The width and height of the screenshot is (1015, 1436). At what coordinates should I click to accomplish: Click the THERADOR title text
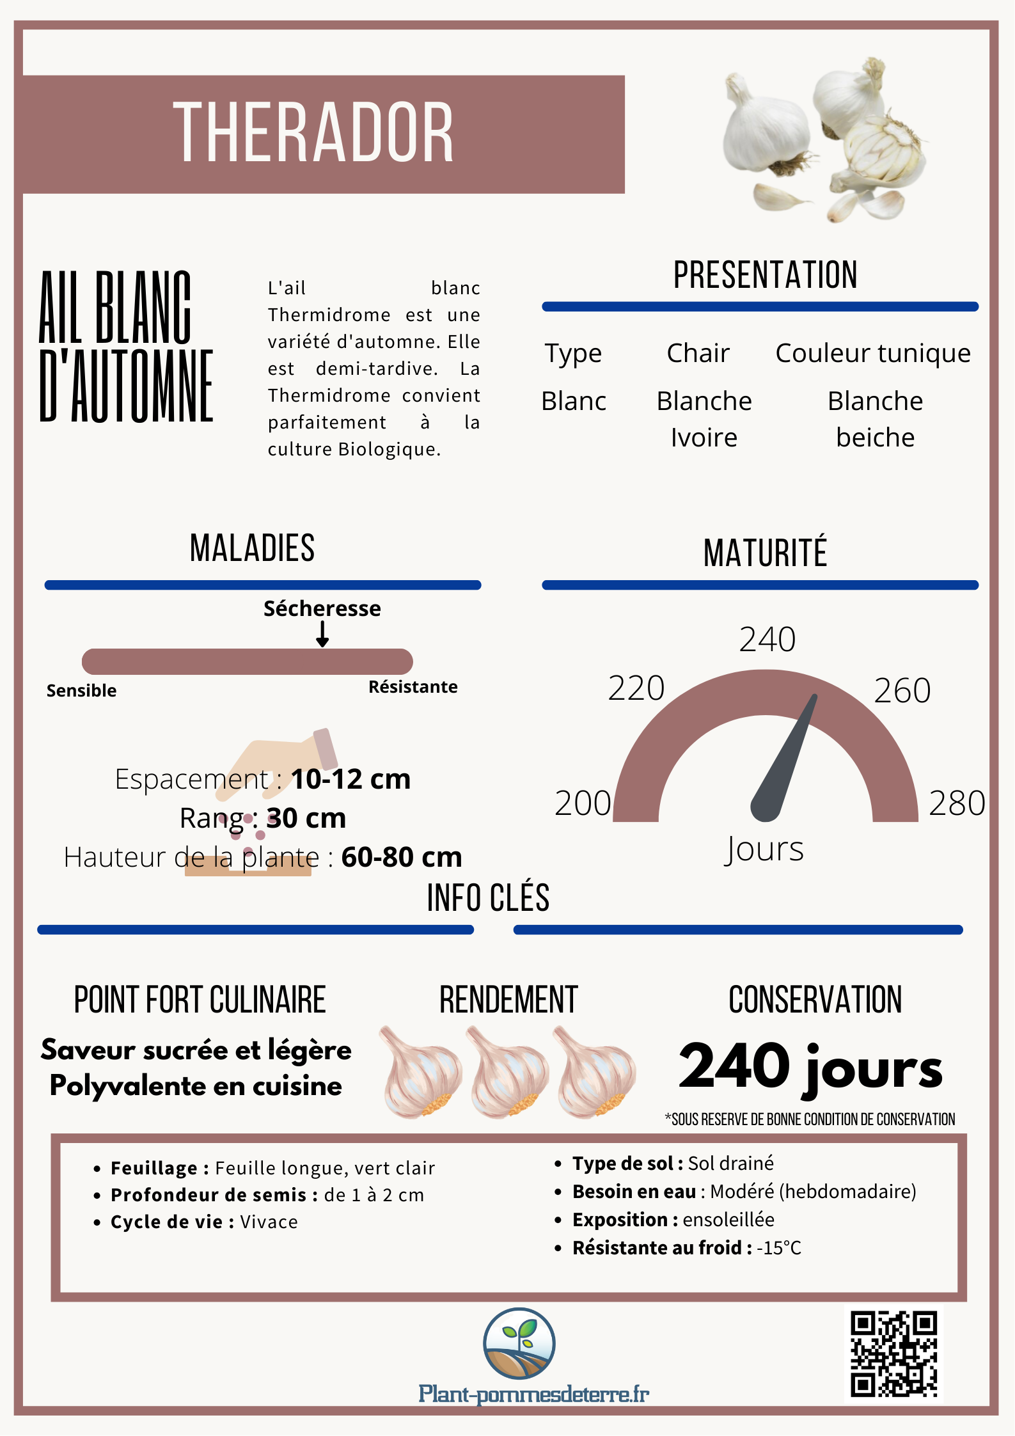point(313,132)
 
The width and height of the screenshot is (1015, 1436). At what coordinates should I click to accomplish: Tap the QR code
point(893,1354)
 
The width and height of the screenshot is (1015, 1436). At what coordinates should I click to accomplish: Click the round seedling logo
point(519,1343)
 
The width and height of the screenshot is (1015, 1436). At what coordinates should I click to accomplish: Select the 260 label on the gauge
point(902,691)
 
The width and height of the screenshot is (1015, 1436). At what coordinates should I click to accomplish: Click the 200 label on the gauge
point(583,803)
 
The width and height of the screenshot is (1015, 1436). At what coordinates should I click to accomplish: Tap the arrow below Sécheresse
point(322,635)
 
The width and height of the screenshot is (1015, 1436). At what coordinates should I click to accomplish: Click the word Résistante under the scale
point(413,687)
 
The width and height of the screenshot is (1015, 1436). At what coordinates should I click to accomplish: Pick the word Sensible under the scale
point(81,691)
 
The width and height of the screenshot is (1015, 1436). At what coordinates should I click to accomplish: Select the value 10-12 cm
point(350,779)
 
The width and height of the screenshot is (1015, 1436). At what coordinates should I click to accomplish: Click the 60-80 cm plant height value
point(401,857)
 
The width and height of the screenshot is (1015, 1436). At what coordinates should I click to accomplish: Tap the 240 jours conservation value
point(810,1067)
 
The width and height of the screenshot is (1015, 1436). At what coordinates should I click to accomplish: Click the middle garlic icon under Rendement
point(508,1072)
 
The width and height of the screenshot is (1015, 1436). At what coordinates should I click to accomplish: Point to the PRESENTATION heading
point(765,275)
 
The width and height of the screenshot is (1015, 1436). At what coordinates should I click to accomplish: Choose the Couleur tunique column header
point(873,353)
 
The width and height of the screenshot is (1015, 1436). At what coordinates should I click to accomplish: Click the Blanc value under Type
point(574,402)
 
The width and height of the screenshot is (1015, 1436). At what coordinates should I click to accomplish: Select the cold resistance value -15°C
point(778,1248)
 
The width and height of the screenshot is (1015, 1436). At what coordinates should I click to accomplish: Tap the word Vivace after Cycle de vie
point(269,1222)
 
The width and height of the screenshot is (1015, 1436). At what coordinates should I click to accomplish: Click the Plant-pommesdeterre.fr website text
point(533,1394)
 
